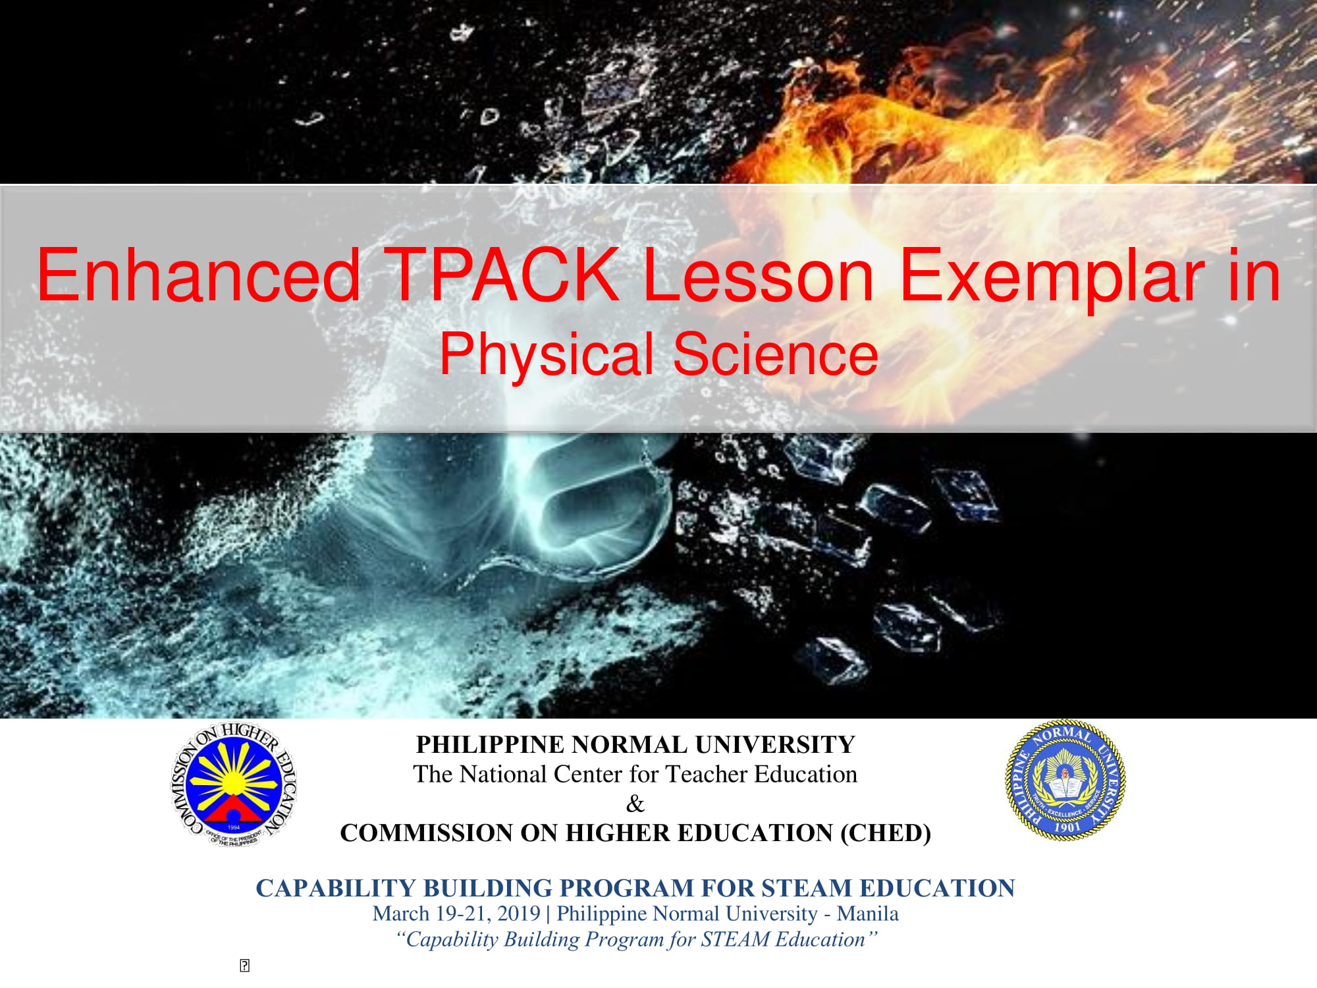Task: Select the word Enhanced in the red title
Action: [198, 275]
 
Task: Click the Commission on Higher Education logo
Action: [234, 784]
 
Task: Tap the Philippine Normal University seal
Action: [1065, 779]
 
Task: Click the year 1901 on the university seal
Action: [1067, 827]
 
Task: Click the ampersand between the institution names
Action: [635, 804]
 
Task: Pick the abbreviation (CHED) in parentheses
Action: [886, 833]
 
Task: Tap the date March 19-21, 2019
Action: [456, 914]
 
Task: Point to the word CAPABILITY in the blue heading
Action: [336, 889]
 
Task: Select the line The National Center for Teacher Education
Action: [635, 774]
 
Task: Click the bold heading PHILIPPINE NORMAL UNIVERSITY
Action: [635, 745]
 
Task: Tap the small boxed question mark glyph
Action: [244, 966]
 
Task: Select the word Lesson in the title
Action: [757, 275]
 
